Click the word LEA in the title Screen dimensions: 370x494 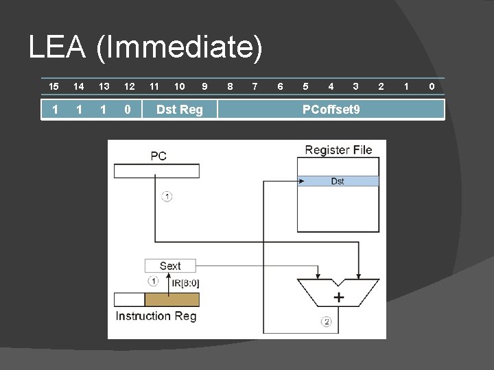pyautogui.click(x=57, y=48)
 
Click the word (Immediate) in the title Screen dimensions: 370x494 pyautogui.click(x=179, y=48)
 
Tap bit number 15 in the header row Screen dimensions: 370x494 pyautogui.click(x=54, y=86)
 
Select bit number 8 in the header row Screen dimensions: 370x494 pyautogui.click(x=230, y=86)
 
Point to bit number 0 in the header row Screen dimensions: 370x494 pyautogui.click(x=432, y=86)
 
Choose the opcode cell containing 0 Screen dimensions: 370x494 pyautogui.click(x=128, y=109)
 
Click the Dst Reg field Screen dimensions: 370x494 pyautogui.click(x=179, y=109)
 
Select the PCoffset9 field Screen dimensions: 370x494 pyautogui.click(x=331, y=109)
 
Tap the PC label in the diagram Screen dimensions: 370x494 pyautogui.click(x=158, y=156)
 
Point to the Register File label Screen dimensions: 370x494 pyautogui.click(x=338, y=150)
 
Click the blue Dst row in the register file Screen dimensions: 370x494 pyautogui.click(x=338, y=182)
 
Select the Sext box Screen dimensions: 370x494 pyautogui.click(x=170, y=266)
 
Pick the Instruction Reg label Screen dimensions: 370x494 pyautogui.click(x=156, y=316)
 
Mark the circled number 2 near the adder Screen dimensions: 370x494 pyautogui.click(x=326, y=321)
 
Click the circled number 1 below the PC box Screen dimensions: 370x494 pyautogui.click(x=167, y=197)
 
